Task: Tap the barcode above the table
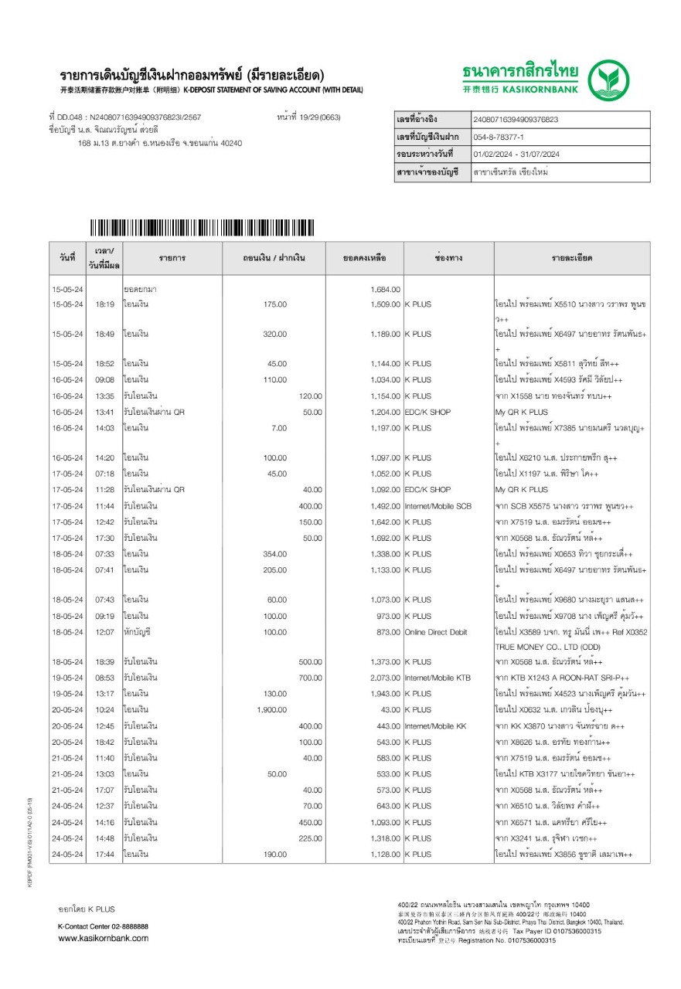(x=202, y=228)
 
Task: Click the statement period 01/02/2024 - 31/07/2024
(x=516, y=155)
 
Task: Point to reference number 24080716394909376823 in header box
(x=515, y=120)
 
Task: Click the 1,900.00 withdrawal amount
(x=271, y=710)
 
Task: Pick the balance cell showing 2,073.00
(x=385, y=678)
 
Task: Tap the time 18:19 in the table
(x=104, y=304)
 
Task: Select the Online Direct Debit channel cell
(x=436, y=632)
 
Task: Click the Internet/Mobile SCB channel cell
(x=438, y=506)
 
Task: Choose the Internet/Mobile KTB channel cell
(x=438, y=678)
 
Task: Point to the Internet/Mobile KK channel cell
(x=435, y=726)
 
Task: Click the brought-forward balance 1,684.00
(x=385, y=289)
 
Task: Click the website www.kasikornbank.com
(x=104, y=938)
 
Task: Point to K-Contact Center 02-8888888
(x=103, y=926)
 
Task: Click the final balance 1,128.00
(x=385, y=854)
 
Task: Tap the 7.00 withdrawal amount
(x=279, y=428)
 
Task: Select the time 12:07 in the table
(x=104, y=632)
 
